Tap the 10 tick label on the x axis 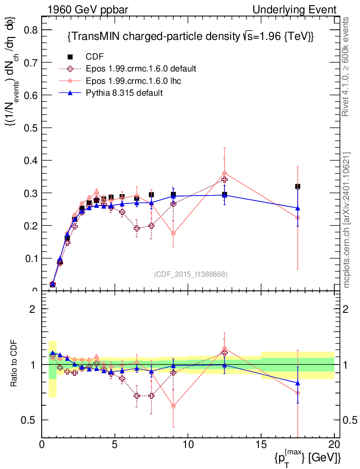188,445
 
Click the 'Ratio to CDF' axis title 15,364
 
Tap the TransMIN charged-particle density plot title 190,37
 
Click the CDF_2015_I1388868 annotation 191,274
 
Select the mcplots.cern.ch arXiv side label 347,220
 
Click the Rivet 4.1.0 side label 347,66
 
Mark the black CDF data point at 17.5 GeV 298,186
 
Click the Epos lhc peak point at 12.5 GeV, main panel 224,174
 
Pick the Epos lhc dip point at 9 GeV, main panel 173,234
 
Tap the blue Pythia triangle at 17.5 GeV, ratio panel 298,383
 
